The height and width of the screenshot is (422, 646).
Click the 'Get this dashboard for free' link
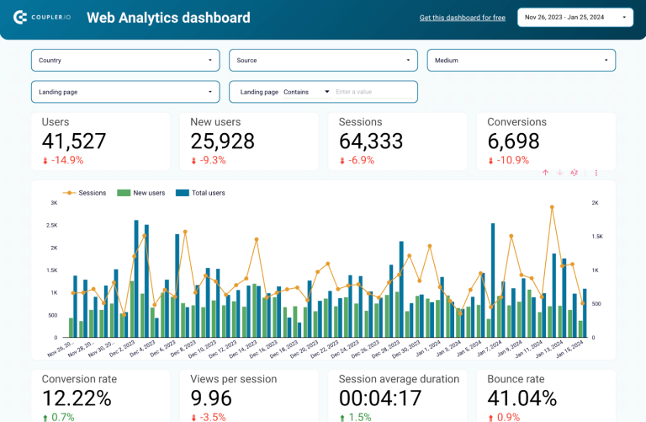tap(462, 18)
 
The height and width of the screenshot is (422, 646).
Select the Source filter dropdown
tap(323, 60)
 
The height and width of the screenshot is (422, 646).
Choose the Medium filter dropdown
tap(521, 60)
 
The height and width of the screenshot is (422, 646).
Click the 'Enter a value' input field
tap(370, 92)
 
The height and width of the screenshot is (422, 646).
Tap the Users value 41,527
tap(74, 142)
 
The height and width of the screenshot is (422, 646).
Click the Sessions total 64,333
tap(371, 142)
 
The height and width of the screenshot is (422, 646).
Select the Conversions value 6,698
tap(516, 142)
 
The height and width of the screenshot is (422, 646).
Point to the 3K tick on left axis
tap(52, 203)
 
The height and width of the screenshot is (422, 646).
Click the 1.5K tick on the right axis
tap(596, 237)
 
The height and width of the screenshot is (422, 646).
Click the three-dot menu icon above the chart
tap(596, 173)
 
